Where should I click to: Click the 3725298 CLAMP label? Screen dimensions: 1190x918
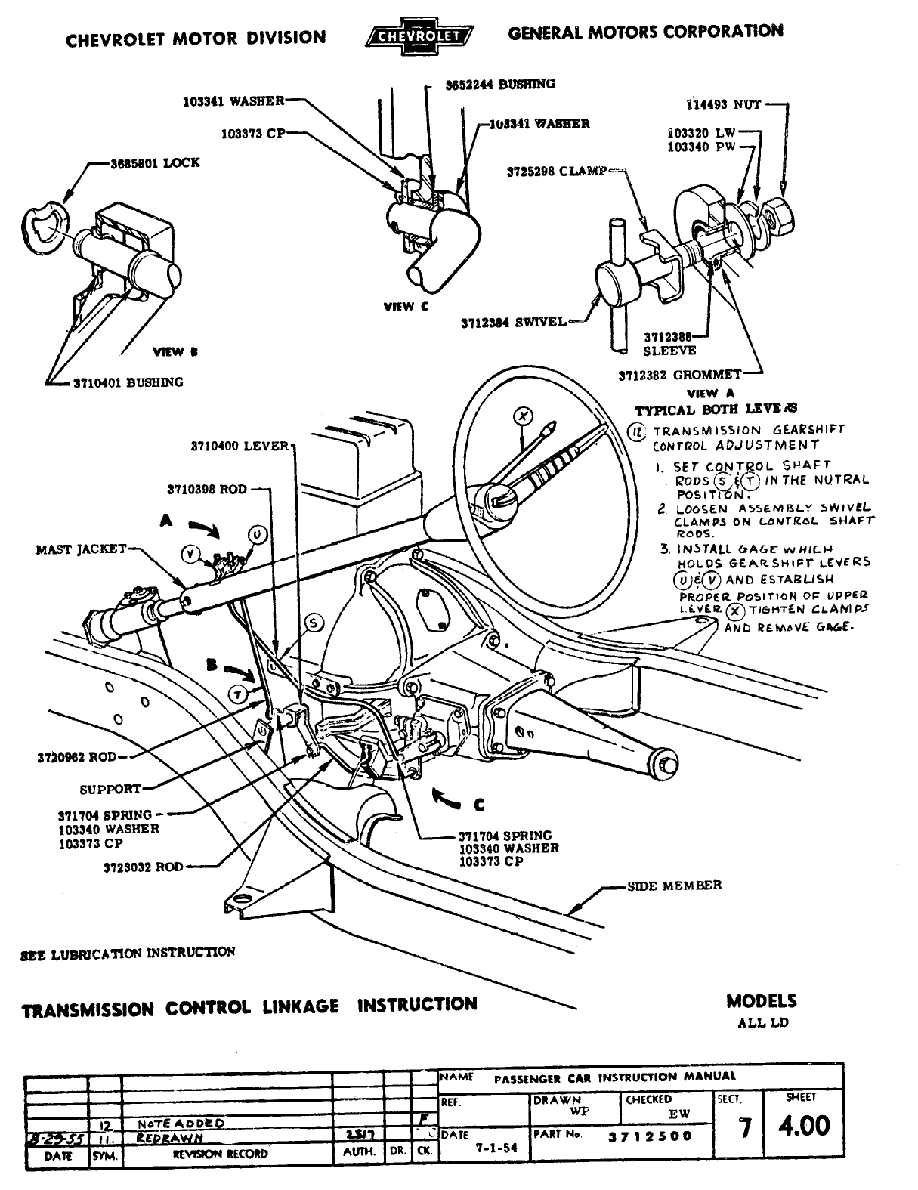556,172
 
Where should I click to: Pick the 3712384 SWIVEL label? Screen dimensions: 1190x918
513,323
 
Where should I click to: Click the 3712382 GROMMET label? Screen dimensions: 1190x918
679,375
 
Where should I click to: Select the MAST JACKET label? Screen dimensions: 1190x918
81,549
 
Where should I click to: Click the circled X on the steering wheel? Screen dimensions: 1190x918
523,415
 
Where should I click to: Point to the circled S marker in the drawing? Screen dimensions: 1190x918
314,622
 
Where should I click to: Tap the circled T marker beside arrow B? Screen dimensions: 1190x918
237,694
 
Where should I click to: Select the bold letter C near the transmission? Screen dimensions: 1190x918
479,804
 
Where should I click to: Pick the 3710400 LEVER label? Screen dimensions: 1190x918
240,446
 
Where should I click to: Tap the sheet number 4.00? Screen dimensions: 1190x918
804,1127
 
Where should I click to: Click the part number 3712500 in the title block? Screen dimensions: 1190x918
649,1136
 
